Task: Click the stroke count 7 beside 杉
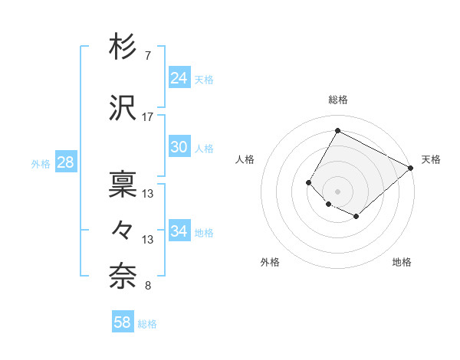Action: coord(147,56)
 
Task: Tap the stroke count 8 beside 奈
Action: coord(147,286)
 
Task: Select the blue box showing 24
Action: coord(179,77)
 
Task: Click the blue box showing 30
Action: coord(179,148)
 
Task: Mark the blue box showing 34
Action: coord(179,231)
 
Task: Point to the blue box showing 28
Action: coord(65,162)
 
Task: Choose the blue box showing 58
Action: coord(123,322)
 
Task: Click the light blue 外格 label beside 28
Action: coord(41,163)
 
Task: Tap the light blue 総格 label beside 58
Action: coord(147,324)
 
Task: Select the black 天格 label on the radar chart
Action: coord(431,159)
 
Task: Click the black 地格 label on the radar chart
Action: coord(402,262)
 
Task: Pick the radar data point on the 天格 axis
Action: coord(411,168)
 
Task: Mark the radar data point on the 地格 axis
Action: coord(356,217)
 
